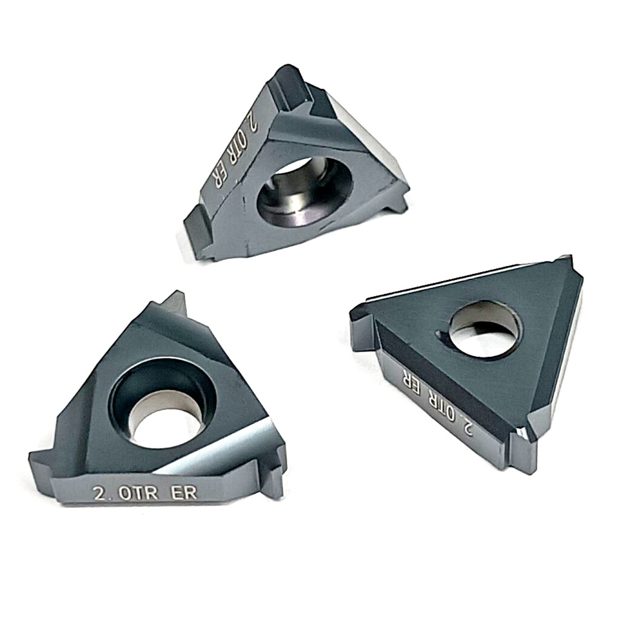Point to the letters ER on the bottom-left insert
pyautogui.click(x=183, y=492)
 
